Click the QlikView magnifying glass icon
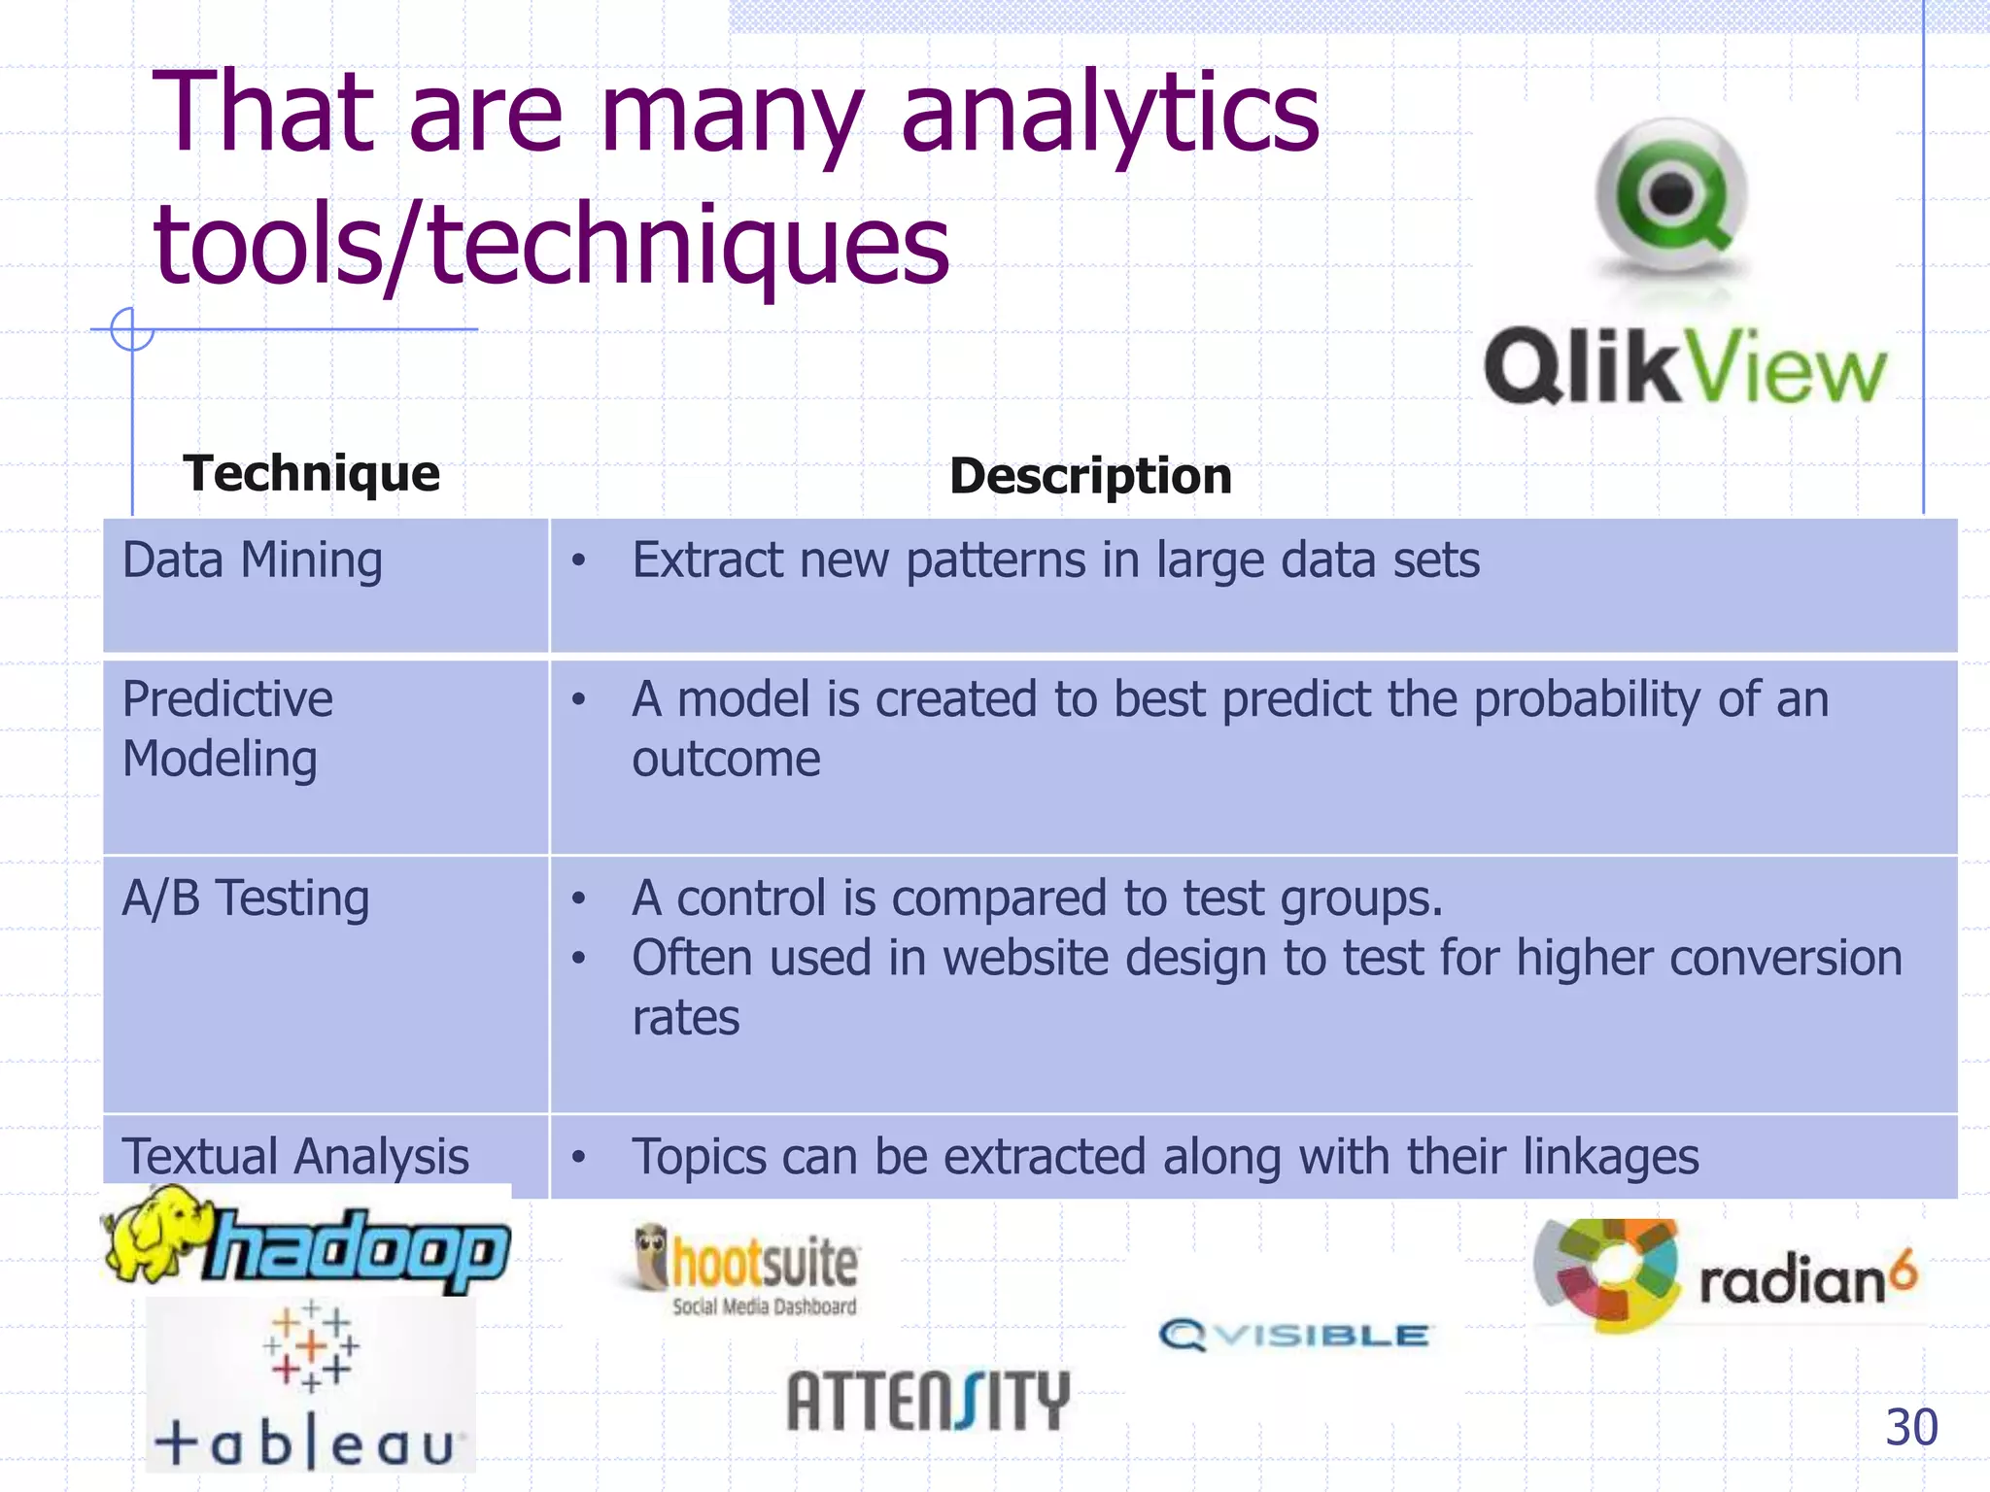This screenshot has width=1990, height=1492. click(x=1671, y=194)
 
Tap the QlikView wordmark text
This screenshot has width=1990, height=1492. click(x=1685, y=367)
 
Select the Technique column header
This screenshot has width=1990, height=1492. click(x=311, y=474)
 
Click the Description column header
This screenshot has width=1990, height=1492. click(x=1090, y=476)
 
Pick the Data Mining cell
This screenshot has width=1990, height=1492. click(x=253, y=561)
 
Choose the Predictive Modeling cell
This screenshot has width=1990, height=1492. click(x=227, y=729)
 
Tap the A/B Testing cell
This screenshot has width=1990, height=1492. click(x=245, y=899)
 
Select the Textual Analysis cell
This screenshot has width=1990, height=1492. click(x=295, y=1157)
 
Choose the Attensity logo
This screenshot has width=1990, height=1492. click(x=928, y=1401)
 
